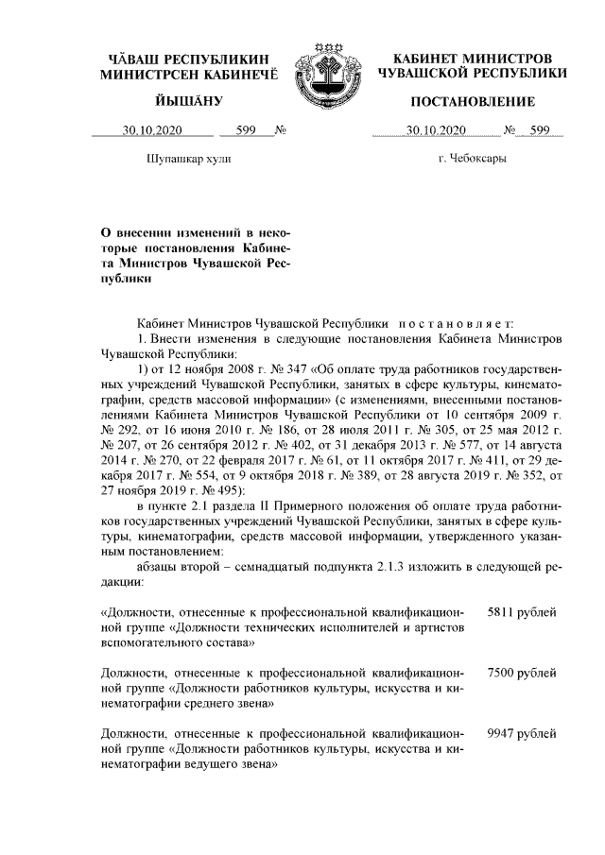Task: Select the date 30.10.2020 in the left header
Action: click(150, 130)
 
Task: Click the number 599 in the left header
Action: click(248, 130)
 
